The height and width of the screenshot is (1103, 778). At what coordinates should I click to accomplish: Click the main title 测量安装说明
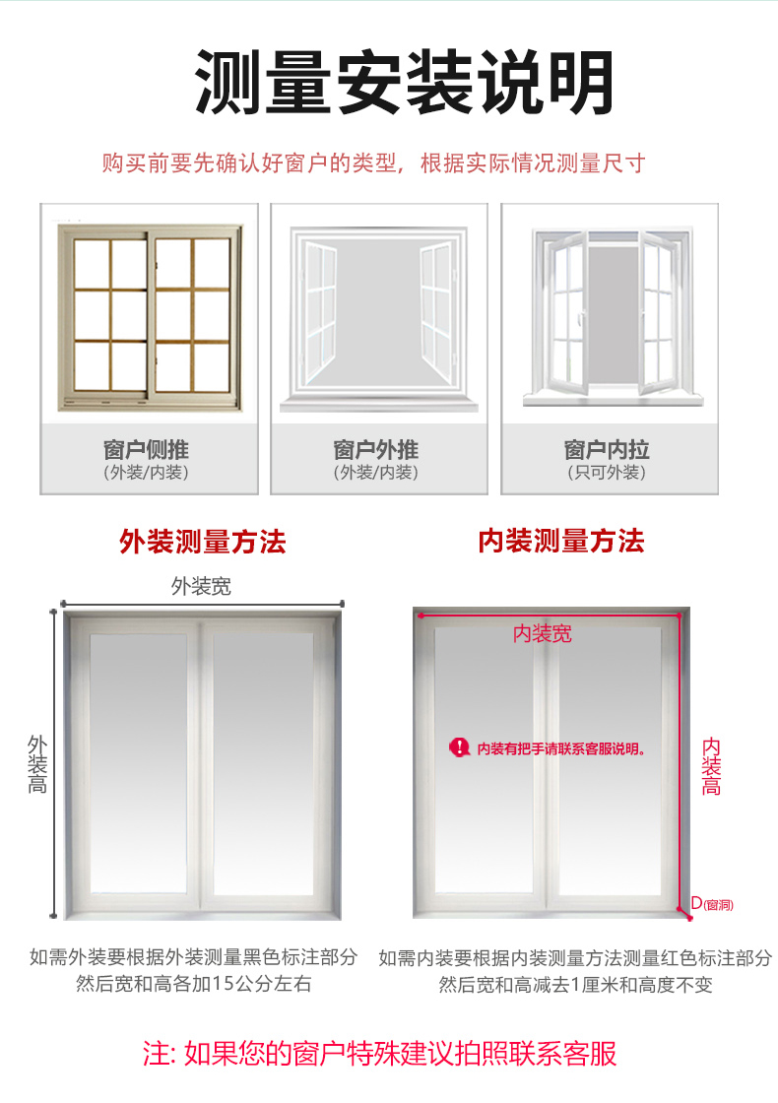point(404,83)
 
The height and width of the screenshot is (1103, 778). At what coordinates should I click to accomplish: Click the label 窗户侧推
point(147,449)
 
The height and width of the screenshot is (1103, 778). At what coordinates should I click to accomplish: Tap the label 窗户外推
point(376,449)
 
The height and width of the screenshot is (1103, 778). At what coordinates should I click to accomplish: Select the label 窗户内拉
point(607,449)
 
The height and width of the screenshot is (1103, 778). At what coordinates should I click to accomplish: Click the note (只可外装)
point(607,472)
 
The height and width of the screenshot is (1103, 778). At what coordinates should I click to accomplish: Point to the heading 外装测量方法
point(203,542)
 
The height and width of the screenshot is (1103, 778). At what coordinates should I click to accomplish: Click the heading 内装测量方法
point(560,541)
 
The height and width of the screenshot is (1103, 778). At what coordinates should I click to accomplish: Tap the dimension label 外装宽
point(201,586)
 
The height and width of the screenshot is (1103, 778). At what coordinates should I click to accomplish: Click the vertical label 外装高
point(37,764)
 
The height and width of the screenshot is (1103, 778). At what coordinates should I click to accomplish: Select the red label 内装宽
point(543,634)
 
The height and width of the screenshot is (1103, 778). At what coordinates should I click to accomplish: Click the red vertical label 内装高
point(711,766)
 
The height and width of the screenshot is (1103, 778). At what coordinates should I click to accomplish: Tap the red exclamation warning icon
point(459,747)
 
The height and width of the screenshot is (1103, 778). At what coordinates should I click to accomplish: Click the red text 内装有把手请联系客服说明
point(561,748)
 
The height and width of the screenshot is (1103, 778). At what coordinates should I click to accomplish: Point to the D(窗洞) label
point(712,904)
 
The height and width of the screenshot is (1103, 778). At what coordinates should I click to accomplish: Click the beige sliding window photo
point(150,317)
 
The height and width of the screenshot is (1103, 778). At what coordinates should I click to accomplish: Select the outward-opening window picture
point(379,319)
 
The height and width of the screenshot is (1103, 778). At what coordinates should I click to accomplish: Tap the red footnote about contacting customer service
point(380,1053)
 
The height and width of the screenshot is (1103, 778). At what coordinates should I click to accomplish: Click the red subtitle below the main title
point(373,163)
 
